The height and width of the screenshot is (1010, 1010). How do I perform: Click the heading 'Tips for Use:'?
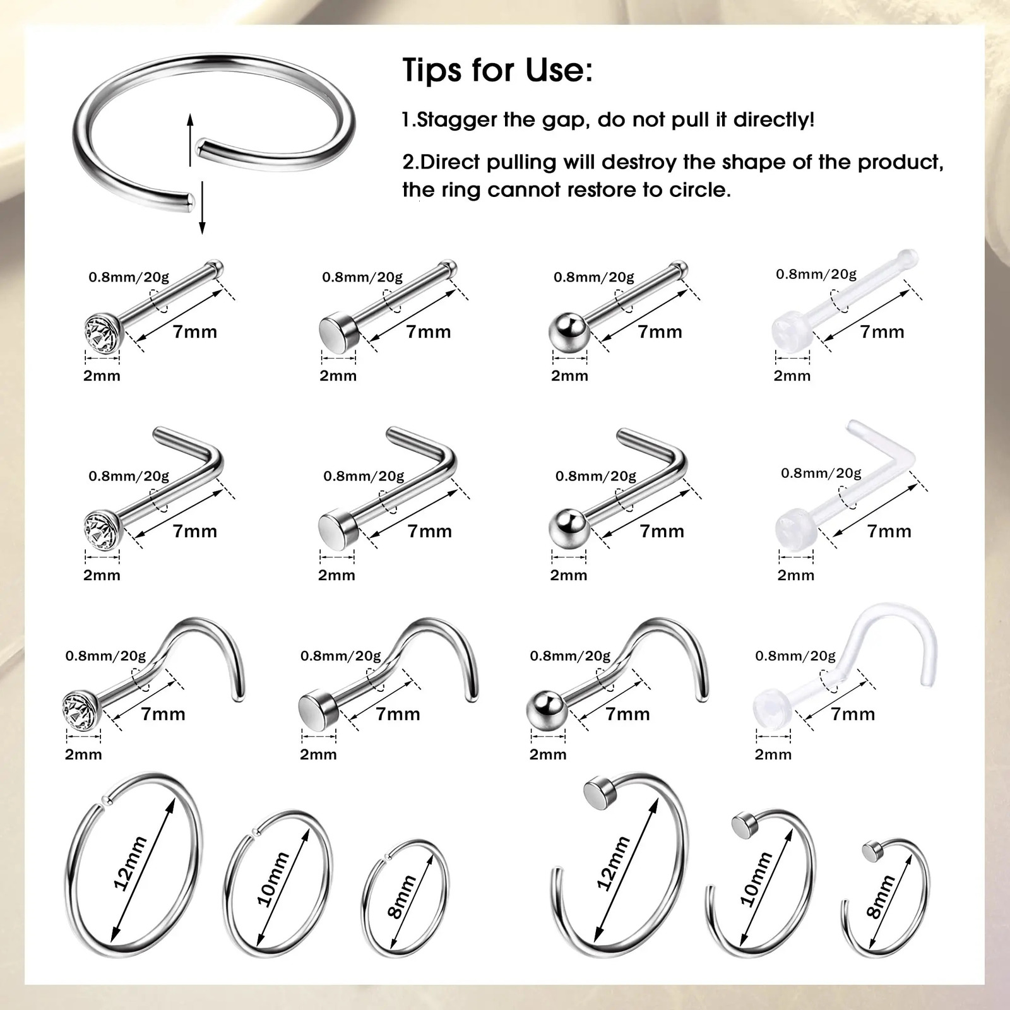pyautogui.click(x=497, y=69)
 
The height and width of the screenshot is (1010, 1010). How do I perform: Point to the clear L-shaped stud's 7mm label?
pyautogui.click(x=889, y=532)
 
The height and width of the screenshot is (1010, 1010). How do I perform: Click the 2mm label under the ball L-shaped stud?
pyautogui.click(x=568, y=575)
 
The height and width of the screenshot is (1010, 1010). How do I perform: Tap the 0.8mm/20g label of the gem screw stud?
pyautogui.click(x=105, y=656)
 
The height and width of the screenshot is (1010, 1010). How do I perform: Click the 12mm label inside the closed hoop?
pyautogui.click(x=129, y=863)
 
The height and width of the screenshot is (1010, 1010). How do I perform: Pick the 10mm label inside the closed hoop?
pyautogui.click(x=273, y=879)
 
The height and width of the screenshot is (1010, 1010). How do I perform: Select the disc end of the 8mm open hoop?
pyautogui.click(x=872, y=853)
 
